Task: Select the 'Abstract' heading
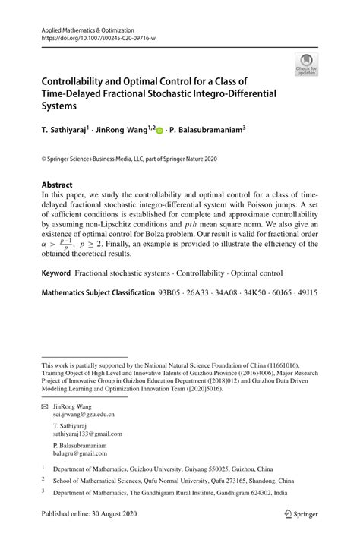[x=57, y=185]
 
